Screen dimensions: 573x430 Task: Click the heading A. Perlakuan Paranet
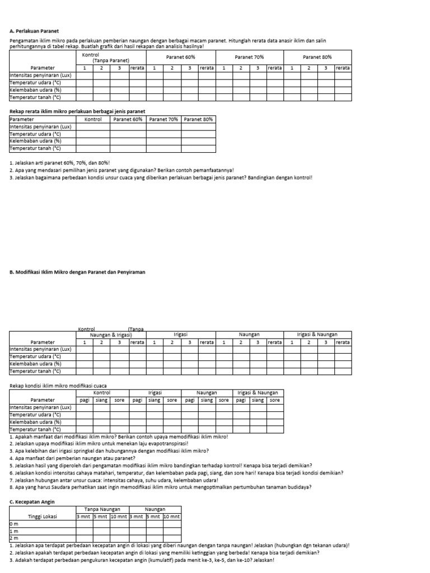34,31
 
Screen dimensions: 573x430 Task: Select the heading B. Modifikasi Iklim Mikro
77,271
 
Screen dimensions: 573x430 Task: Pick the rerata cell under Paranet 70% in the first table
274,68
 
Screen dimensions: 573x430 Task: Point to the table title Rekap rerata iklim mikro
77,111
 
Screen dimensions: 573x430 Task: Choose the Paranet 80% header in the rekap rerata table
198,119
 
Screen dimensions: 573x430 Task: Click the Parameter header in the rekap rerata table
22,119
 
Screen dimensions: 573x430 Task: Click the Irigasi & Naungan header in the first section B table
317,334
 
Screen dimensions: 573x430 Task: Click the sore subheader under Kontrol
119,400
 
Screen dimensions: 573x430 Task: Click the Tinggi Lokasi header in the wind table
43,516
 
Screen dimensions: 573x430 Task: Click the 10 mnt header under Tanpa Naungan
119,516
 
